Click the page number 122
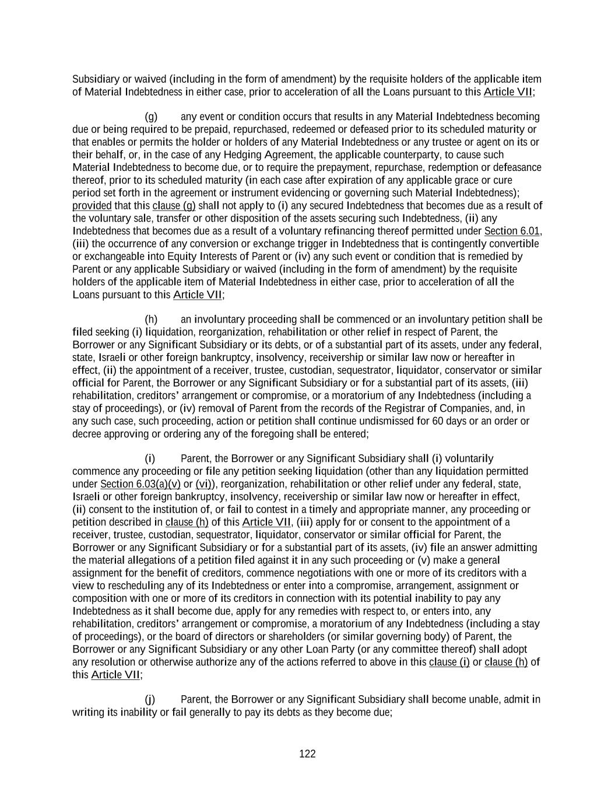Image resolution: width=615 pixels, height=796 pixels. tap(307, 754)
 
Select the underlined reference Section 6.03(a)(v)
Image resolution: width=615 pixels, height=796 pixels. tap(140, 484)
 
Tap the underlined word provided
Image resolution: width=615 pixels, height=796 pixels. tap(92, 205)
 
